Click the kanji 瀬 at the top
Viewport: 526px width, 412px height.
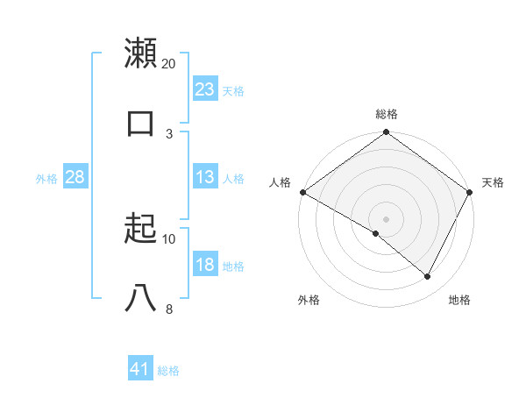pyautogui.click(x=141, y=53)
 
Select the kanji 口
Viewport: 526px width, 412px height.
pyautogui.click(x=141, y=122)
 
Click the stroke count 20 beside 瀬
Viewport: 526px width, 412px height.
pyautogui.click(x=169, y=64)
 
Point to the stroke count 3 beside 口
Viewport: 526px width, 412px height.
pyautogui.click(x=169, y=133)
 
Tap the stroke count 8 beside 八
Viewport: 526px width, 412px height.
pyautogui.click(x=169, y=309)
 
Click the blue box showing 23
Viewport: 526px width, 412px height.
pyautogui.click(x=205, y=89)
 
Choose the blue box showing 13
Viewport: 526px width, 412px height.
pyautogui.click(x=205, y=178)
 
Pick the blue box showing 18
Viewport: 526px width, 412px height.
pyautogui.click(x=205, y=265)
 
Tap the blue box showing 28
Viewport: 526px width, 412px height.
pyautogui.click(x=75, y=178)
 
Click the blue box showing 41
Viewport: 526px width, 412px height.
pyautogui.click(x=140, y=370)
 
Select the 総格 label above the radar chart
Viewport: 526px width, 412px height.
pyautogui.click(x=387, y=114)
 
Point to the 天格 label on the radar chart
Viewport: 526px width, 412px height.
pyautogui.click(x=493, y=182)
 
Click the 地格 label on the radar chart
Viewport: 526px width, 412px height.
pyautogui.click(x=459, y=300)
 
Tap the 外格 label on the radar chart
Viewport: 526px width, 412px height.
pyautogui.click(x=309, y=300)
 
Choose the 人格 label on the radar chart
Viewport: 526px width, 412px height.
pyautogui.click(x=280, y=182)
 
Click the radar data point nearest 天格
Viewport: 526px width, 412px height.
pyautogui.click(x=470, y=192)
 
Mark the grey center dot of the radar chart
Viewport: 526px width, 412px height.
pyautogui.click(x=386, y=218)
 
